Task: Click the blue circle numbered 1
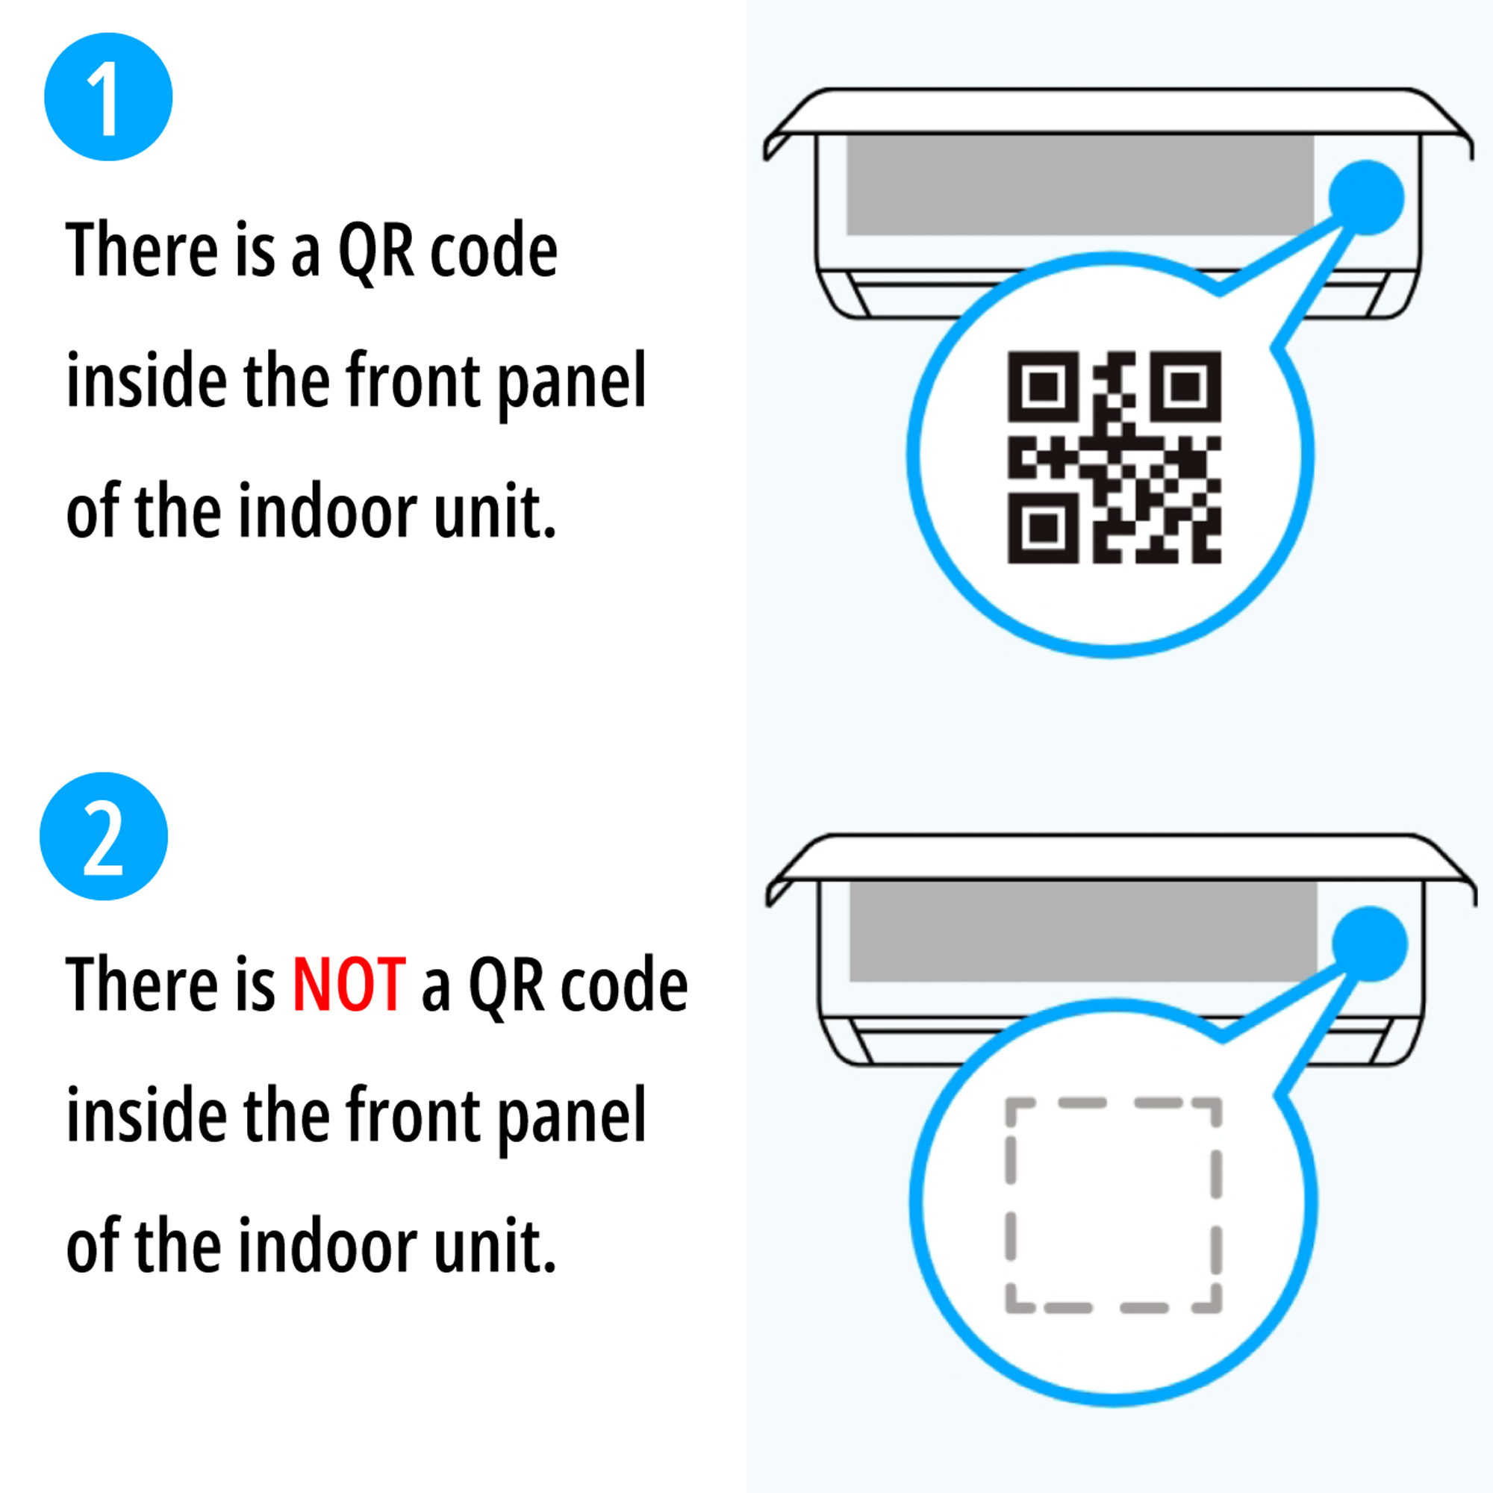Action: (x=108, y=97)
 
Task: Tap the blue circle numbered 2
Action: (x=104, y=837)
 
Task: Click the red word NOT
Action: (x=349, y=985)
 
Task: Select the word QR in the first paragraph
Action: (x=376, y=251)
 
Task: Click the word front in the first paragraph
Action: (x=412, y=381)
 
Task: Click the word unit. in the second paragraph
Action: (x=495, y=1247)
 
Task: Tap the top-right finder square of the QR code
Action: (x=1185, y=387)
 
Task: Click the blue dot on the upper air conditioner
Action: (x=1366, y=197)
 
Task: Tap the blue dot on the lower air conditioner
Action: (x=1369, y=944)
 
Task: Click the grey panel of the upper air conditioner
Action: (x=1079, y=185)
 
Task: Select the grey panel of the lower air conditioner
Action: (x=1082, y=932)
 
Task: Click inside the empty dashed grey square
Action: (x=1113, y=1205)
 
